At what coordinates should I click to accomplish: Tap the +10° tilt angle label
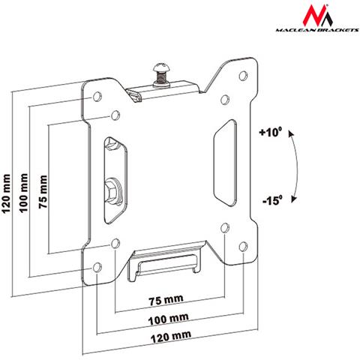click(271, 133)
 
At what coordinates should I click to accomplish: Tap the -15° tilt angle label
click(271, 201)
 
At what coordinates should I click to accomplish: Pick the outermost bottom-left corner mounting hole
click(97, 267)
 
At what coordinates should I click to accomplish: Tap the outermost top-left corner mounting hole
click(96, 98)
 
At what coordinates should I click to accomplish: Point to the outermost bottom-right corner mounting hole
click(243, 244)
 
